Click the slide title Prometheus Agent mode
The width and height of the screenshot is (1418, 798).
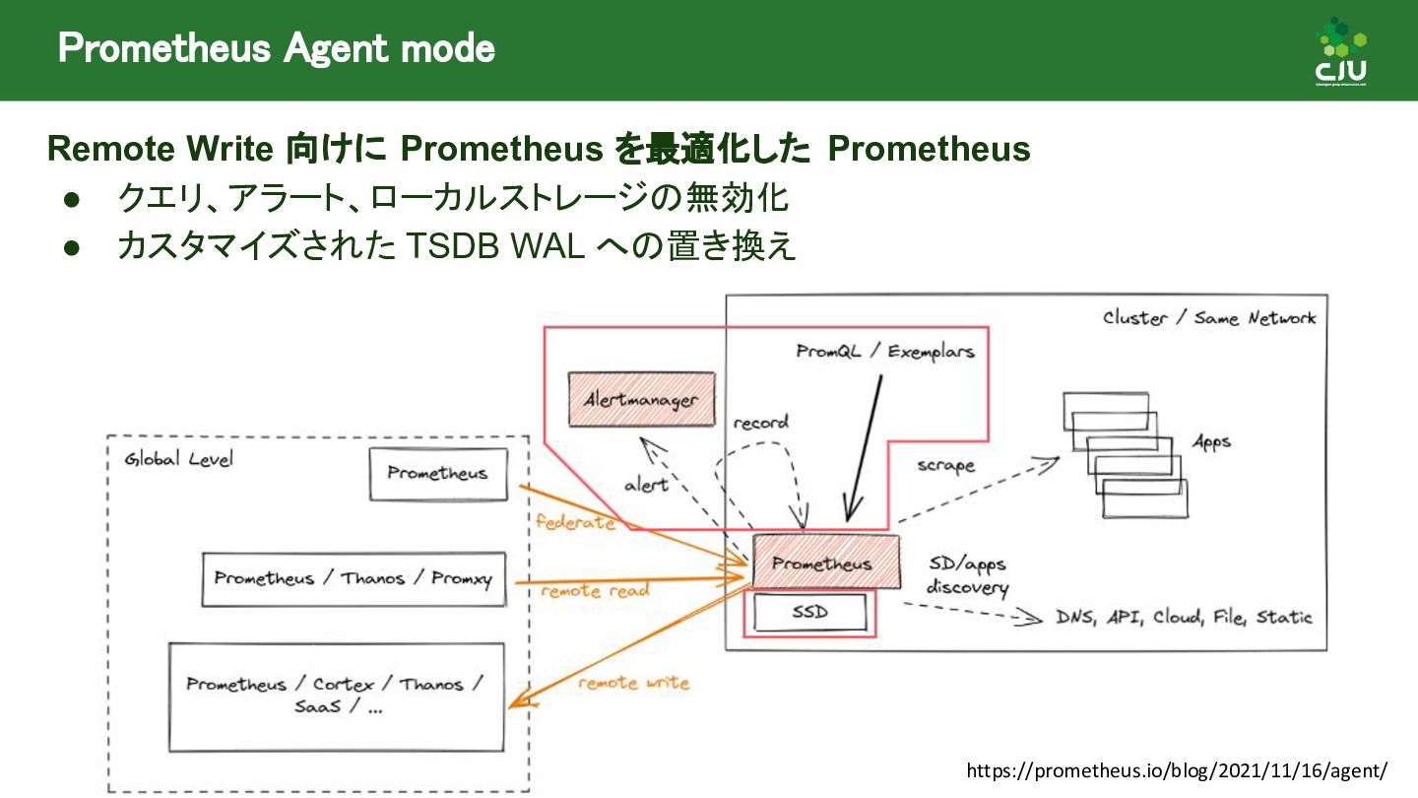[276, 47]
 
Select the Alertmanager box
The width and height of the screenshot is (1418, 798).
[641, 399]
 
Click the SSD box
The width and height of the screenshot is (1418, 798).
[810, 612]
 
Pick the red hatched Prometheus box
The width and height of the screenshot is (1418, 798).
[825, 563]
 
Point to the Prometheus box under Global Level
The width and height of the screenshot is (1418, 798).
[437, 473]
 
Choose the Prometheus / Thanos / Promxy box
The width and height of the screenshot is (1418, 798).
[353, 578]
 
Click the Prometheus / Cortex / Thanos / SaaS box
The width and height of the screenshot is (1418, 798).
[336, 696]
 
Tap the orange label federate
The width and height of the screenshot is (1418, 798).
[575, 522]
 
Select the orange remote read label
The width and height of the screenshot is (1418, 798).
[595, 591]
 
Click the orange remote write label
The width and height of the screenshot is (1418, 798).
[633, 683]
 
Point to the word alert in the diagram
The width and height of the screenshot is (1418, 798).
[646, 485]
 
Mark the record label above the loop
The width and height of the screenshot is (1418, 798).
[760, 423]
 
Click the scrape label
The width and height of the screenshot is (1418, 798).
[945, 465]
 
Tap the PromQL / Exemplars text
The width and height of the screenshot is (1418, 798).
[885, 351]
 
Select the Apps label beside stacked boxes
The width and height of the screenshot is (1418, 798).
[1211, 442]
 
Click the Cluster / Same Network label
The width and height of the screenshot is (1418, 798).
[1209, 318]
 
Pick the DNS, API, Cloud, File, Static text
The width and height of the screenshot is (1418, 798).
[1184, 618]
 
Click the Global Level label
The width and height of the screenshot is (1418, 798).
[178, 460]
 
